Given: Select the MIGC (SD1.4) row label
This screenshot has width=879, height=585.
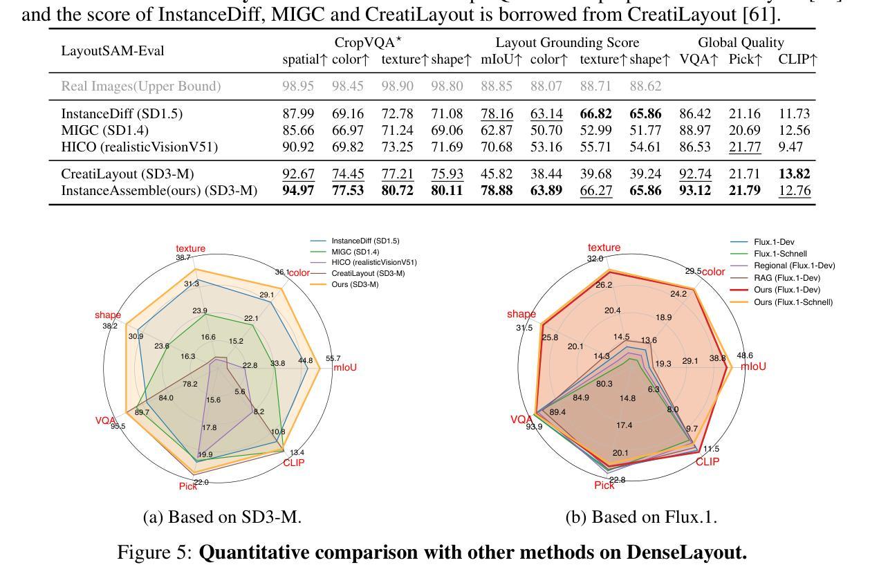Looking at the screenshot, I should (x=104, y=131).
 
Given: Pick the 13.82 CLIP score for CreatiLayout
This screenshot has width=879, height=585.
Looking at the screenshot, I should (x=794, y=174).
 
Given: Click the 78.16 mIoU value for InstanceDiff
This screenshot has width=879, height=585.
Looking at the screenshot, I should (x=497, y=114).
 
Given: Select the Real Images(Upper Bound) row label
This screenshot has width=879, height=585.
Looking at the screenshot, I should (x=141, y=86).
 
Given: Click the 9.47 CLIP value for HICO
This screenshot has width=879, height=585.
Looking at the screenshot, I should (x=795, y=147).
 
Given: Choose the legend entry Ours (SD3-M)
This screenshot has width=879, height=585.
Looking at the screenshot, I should (x=355, y=284).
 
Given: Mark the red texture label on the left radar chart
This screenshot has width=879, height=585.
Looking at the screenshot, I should (x=190, y=249).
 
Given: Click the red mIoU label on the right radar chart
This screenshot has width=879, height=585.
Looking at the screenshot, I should (x=753, y=366).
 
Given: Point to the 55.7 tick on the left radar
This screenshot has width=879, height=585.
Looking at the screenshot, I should (x=333, y=358).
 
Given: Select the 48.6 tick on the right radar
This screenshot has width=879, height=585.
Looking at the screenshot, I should (x=745, y=356).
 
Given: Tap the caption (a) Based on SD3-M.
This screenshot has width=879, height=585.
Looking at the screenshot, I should (x=222, y=517).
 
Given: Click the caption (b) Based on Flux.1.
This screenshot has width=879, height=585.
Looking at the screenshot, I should (x=641, y=517).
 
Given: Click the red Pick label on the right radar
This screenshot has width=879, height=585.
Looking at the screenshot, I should (x=604, y=485).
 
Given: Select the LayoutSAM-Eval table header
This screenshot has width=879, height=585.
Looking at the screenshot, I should (x=113, y=51).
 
